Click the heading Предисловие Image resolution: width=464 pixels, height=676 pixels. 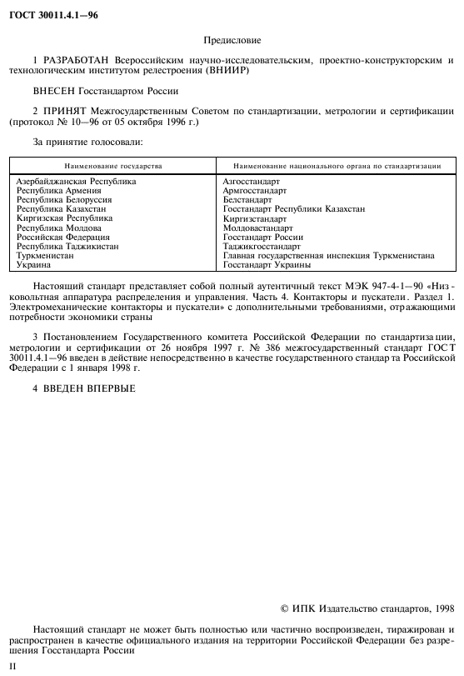(232, 39)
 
